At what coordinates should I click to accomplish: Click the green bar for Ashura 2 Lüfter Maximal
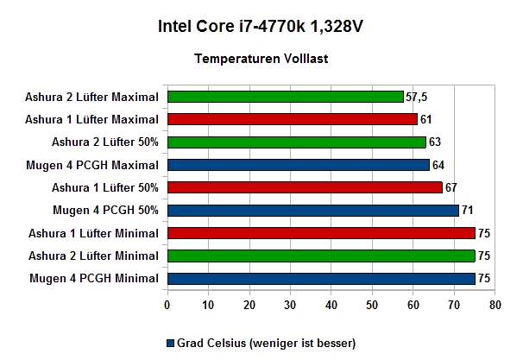(286, 97)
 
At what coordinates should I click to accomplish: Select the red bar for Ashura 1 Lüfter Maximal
(293, 119)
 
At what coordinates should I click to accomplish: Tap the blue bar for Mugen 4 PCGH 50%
(313, 211)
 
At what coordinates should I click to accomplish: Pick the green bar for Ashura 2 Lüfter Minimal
(321, 256)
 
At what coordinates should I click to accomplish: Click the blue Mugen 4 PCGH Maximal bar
(299, 165)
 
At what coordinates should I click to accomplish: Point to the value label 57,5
(416, 97)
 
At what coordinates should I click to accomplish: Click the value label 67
(451, 187)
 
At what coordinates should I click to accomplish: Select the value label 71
(467, 210)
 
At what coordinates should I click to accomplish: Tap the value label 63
(435, 142)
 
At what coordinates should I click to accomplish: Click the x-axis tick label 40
(331, 305)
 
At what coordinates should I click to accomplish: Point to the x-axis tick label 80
(495, 305)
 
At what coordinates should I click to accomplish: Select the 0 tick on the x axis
(167, 305)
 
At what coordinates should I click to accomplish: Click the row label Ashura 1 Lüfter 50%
(105, 187)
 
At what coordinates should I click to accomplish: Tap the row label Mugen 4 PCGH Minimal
(94, 278)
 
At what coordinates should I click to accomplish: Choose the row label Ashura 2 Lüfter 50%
(105, 142)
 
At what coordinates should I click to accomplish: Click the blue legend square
(170, 344)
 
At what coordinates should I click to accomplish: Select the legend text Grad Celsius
(211, 343)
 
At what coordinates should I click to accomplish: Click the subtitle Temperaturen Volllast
(261, 59)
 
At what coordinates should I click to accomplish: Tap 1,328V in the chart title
(337, 27)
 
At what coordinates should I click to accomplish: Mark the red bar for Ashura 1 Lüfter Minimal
(321, 233)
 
